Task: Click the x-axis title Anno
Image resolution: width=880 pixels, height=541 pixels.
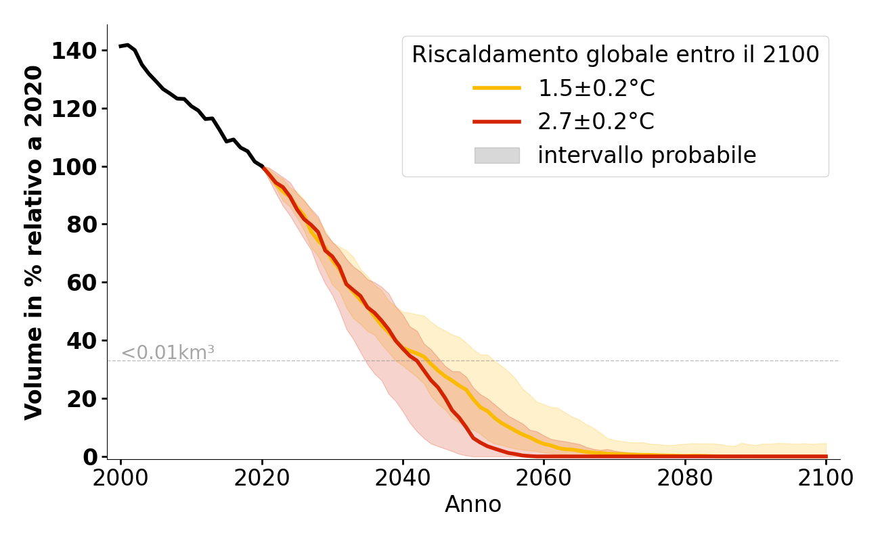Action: [473, 504]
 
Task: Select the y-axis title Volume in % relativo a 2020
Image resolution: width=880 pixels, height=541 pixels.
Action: [34, 242]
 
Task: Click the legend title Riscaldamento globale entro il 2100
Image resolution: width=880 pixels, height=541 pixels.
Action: [615, 55]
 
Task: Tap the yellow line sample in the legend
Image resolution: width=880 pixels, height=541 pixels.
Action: [497, 88]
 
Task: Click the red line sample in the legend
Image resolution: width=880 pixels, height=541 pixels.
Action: [497, 122]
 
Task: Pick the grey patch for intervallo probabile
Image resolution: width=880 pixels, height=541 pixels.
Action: [497, 156]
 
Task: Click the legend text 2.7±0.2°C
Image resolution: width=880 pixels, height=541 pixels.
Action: [596, 122]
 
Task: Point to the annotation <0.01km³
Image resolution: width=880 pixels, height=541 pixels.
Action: [168, 352]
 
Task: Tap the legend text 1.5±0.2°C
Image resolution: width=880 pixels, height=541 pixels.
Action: [596, 88]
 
